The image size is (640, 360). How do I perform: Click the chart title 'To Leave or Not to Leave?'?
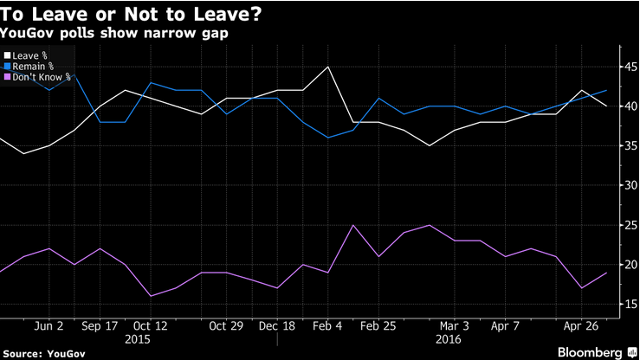click(x=131, y=14)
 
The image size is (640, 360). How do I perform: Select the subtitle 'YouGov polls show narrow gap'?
click(x=113, y=33)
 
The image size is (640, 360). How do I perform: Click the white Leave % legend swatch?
click(x=7, y=55)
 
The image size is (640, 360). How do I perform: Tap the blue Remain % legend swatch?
click(x=7, y=66)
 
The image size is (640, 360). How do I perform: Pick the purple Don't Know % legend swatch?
click(x=7, y=77)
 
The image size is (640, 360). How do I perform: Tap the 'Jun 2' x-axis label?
click(x=48, y=326)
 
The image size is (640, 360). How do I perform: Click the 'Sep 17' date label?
click(x=100, y=326)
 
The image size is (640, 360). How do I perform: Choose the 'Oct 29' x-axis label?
click(x=226, y=326)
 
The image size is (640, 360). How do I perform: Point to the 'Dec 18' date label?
click(x=277, y=326)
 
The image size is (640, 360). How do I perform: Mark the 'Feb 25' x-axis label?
click(x=378, y=326)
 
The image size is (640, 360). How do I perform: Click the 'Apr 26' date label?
click(x=581, y=326)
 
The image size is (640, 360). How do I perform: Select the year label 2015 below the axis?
click(x=138, y=339)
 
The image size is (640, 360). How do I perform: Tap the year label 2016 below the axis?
click(x=448, y=339)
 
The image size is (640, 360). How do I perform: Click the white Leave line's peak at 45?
click(x=327, y=67)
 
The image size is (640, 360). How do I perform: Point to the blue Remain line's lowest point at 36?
click(x=327, y=138)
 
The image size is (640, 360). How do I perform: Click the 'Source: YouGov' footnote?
click(x=44, y=354)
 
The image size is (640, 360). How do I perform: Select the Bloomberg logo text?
click(x=590, y=353)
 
